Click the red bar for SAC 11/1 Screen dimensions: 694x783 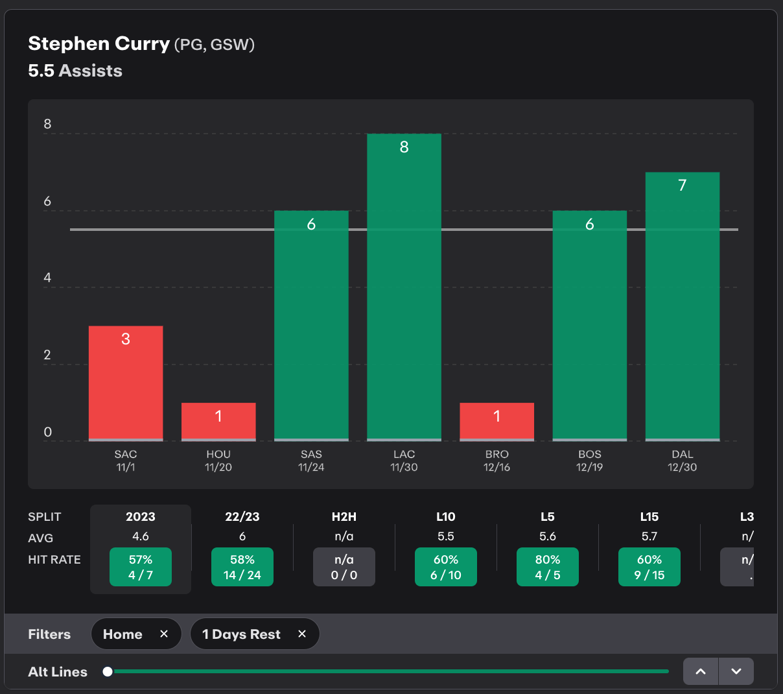[x=126, y=383]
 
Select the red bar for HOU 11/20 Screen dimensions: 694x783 [x=218, y=422]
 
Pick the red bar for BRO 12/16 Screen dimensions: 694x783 [x=497, y=422]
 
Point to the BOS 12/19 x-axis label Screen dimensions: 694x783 [x=589, y=461]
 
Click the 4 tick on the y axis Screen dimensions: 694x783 [x=47, y=278]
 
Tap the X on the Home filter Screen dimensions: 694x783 [x=164, y=634]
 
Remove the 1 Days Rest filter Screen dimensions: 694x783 [x=302, y=634]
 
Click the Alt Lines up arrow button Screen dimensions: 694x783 [x=701, y=671]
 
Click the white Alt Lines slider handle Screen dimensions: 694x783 [x=108, y=671]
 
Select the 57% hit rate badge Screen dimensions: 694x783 [x=141, y=567]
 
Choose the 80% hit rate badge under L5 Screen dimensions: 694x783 [x=548, y=567]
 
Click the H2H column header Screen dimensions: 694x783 [x=344, y=517]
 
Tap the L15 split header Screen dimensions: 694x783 [x=649, y=517]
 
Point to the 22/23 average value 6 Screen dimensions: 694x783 [x=242, y=536]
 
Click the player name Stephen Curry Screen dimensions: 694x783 [x=99, y=43]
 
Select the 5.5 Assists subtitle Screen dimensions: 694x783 [x=75, y=71]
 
